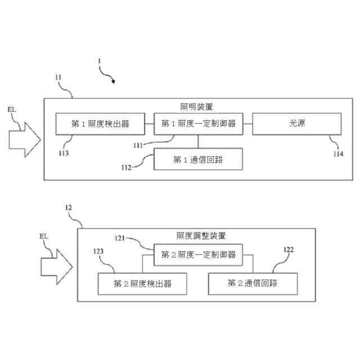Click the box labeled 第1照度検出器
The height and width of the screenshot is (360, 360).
pyautogui.click(x=100, y=124)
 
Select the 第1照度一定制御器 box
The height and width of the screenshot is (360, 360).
pyautogui.click(x=198, y=124)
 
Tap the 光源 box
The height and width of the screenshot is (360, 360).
pyautogui.click(x=296, y=124)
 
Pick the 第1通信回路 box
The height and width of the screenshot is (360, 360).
pyautogui.click(x=198, y=159)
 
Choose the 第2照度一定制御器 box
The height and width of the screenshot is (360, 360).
pyautogui.click(x=198, y=255)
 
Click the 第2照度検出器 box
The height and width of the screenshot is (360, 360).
pyautogui.click(x=142, y=283)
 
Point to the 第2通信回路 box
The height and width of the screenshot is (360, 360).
pyautogui.click(x=253, y=283)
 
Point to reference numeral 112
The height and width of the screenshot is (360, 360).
pyautogui.click(x=127, y=166)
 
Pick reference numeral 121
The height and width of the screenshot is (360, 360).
pyautogui.click(x=122, y=238)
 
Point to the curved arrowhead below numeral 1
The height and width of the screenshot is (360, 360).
pyautogui.click(x=113, y=82)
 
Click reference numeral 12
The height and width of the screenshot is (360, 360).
pyautogui.click(x=68, y=209)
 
